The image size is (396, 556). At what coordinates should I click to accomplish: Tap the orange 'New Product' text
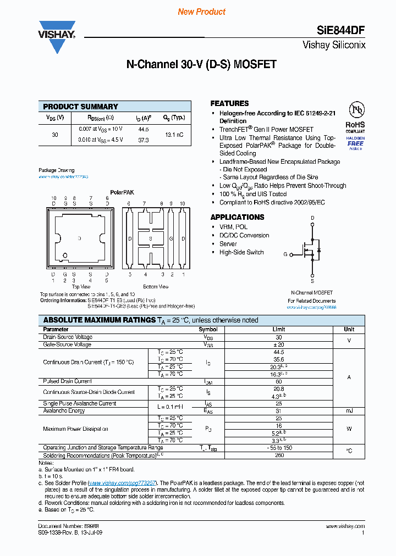tap(202, 12)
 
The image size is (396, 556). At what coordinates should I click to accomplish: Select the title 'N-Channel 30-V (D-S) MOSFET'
tap(201, 64)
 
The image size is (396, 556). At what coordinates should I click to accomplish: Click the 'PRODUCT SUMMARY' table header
tap(80, 107)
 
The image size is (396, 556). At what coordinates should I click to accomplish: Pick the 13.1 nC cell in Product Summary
tap(173, 134)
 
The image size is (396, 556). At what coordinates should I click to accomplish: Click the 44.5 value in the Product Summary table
tap(144, 129)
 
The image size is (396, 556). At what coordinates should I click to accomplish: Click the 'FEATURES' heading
tap(229, 103)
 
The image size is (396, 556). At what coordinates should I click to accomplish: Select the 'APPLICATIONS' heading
tap(237, 217)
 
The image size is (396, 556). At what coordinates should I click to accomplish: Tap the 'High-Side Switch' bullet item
tap(241, 252)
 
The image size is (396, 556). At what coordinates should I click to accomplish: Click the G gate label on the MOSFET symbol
tap(285, 254)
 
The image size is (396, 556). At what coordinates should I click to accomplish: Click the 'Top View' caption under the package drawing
tap(81, 287)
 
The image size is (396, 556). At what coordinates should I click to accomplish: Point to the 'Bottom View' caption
tap(156, 287)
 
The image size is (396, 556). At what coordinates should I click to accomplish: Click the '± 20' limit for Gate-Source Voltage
tap(278, 344)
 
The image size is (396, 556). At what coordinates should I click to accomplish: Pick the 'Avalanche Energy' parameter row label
tap(64, 410)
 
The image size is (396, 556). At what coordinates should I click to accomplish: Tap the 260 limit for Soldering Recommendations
tap(278, 455)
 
